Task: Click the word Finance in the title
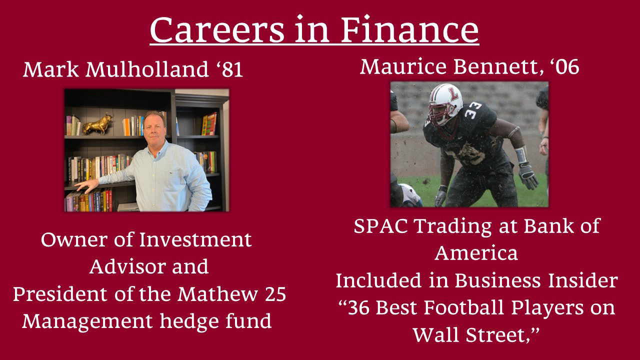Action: (x=409, y=30)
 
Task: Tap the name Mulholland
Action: (x=147, y=69)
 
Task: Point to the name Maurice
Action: (x=403, y=66)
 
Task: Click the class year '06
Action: (x=564, y=67)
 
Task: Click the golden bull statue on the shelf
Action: (x=97, y=123)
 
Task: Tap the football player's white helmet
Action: (x=445, y=103)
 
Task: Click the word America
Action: (x=476, y=253)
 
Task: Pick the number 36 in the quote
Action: (x=358, y=307)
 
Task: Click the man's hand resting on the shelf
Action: (x=87, y=185)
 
